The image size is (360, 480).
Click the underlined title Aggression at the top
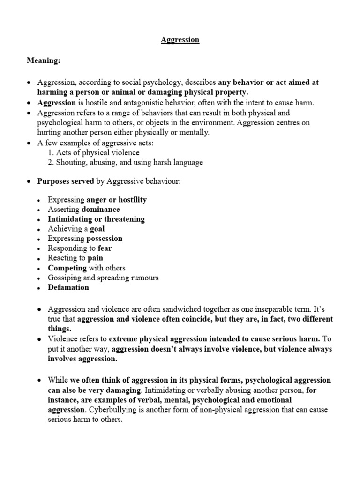(180, 40)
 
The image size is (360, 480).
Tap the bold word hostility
(130, 200)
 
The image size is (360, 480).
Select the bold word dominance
(101, 210)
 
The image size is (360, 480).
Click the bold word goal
(97, 229)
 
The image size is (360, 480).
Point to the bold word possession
(105, 239)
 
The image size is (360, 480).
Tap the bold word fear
(105, 248)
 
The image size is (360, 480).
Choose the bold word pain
(95, 258)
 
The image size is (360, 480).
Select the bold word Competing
(67, 268)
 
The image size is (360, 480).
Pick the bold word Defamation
(68, 288)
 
